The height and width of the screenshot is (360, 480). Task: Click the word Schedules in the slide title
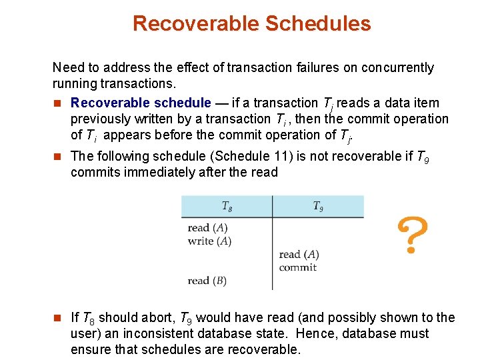click(318, 23)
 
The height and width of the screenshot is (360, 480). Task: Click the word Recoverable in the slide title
click(195, 23)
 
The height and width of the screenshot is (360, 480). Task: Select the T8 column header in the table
click(227, 206)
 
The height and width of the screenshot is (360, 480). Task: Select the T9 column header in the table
click(318, 206)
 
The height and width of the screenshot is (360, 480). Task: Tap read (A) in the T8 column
click(208, 228)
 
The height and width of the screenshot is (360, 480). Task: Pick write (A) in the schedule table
click(209, 241)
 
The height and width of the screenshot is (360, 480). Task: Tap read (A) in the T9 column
click(299, 255)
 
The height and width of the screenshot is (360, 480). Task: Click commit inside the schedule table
click(297, 267)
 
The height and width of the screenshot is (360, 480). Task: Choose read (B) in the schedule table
click(207, 281)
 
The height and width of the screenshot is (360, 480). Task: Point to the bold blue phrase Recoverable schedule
click(141, 103)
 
